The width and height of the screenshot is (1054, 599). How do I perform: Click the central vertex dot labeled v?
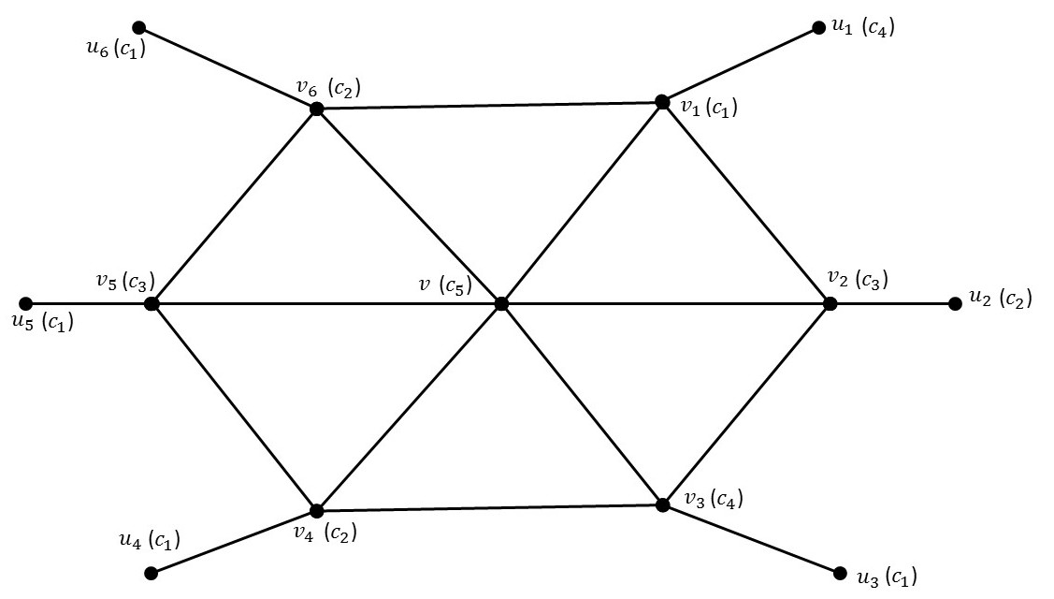coord(501,303)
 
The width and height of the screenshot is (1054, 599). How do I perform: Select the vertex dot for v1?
coord(662,102)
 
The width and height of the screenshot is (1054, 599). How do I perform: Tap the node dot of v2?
coord(830,303)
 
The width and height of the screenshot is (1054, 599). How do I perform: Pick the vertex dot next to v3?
coord(662,504)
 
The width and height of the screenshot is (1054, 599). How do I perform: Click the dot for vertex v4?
coord(316,511)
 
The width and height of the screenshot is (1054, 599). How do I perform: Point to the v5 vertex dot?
coord(152,303)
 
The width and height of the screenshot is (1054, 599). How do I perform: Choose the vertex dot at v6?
coord(316,110)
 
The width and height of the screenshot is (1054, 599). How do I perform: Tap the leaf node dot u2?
coord(955,303)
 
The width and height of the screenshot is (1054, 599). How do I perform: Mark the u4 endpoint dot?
coord(152,572)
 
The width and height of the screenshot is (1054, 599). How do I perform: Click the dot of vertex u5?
coord(26,303)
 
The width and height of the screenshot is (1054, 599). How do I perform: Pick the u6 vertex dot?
coord(139,27)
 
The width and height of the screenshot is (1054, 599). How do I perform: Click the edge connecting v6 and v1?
coord(489,106)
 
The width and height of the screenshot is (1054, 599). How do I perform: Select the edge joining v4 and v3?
coord(489,508)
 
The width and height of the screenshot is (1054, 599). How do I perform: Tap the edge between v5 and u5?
coord(89,303)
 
